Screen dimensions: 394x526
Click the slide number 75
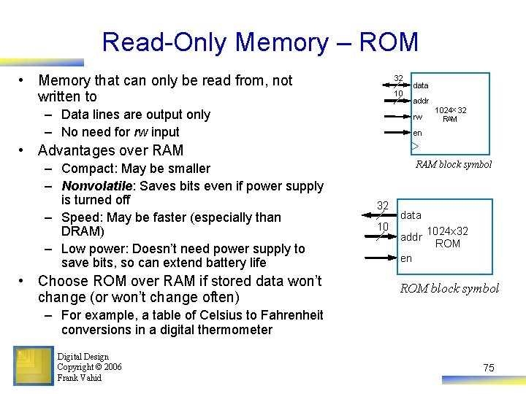point(489,368)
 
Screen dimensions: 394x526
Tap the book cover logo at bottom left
point(33,366)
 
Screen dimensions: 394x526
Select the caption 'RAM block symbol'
point(454,164)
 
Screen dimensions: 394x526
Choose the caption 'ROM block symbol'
point(449,288)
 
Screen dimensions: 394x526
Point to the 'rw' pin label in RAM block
point(418,117)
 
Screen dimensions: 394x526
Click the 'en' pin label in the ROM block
point(406,258)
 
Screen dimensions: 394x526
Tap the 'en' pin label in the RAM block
point(417,133)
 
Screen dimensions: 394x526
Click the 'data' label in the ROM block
point(411,215)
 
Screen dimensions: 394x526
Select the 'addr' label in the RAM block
point(421,101)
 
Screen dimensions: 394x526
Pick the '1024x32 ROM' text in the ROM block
point(447,238)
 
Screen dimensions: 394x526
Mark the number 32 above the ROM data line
point(382,206)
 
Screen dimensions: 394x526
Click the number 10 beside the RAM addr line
point(398,94)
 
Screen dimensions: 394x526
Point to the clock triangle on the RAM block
point(414,147)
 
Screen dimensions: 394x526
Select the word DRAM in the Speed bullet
point(83,231)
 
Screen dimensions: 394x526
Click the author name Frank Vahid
point(79,378)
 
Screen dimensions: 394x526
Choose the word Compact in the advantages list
point(87,169)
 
